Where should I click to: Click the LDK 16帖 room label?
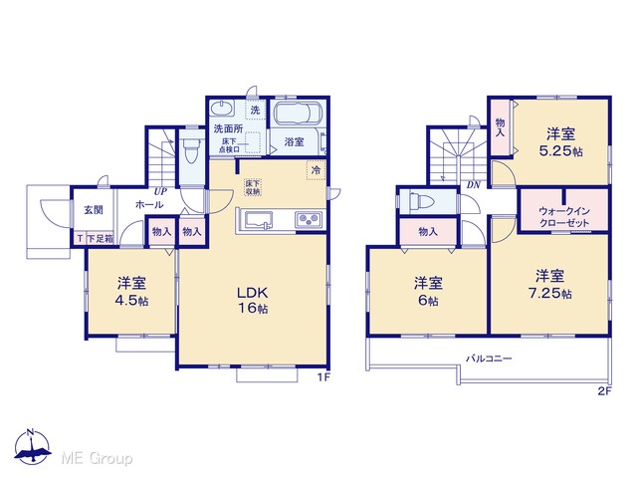click(252, 300)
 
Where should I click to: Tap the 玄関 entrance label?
click(94, 210)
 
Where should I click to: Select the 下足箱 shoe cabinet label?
click(100, 239)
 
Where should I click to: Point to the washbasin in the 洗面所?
click(222, 109)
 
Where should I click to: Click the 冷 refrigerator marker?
click(317, 170)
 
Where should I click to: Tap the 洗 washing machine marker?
click(255, 110)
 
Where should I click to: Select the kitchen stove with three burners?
click(309, 220)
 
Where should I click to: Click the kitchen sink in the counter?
click(257, 220)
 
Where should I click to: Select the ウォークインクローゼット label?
click(563, 217)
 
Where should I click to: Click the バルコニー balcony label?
click(489, 358)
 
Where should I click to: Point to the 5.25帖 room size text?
click(560, 151)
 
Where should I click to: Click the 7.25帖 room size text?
click(550, 293)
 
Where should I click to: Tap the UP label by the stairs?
click(159, 191)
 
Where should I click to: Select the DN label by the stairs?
click(474, 185)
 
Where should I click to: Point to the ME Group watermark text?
click(97, 458)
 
